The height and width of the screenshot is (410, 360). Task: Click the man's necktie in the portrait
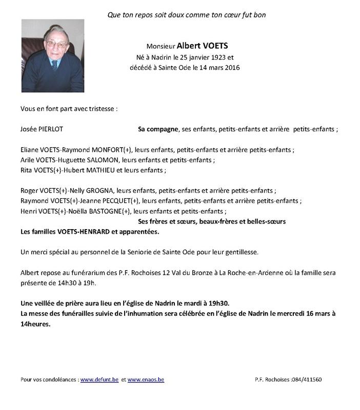click(54, 65)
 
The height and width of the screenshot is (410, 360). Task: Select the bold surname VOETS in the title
click(210, 45)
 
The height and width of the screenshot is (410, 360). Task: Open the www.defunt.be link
click(99, 380)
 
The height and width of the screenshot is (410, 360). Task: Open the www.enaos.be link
click(146, 380)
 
